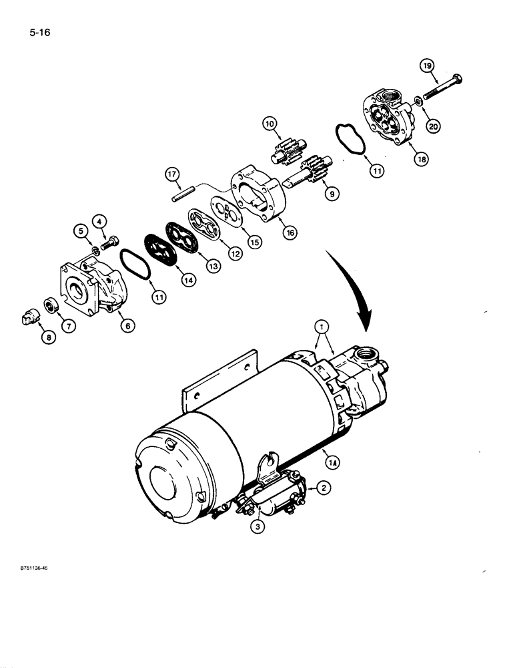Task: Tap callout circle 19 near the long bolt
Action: pyautogui.click(x=427, y=65)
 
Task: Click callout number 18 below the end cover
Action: pyautogui.click(x=422, y=160)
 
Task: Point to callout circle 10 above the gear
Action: pyautogui.click(x=269, y=124)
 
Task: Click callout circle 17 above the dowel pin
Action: pyautogui.click(x=173, y=176)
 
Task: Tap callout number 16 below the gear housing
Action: pyautogui.click(x=289, y=233)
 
